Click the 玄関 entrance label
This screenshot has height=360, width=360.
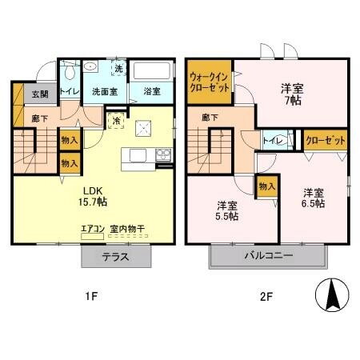click(x=39, y=94)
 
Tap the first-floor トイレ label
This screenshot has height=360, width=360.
click(x=70, y=91)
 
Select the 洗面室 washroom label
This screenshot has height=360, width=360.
click(x=103, y=92)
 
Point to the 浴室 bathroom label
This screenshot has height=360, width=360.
click(x=150, y=92)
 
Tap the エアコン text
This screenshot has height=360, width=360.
click(x=93, y=230)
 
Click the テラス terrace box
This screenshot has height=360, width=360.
click(x=116, y=257)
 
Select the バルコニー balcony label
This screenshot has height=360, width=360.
click(x=269, y=257)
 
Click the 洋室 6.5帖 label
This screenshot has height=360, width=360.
click(x=313, y=198)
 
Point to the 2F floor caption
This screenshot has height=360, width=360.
click(x=266, y=297)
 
